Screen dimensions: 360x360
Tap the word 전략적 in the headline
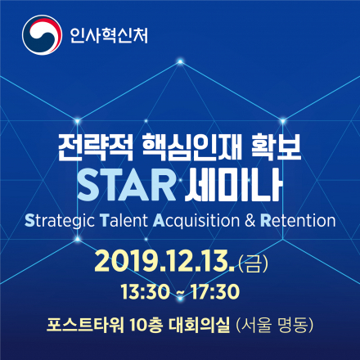(88, 147)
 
